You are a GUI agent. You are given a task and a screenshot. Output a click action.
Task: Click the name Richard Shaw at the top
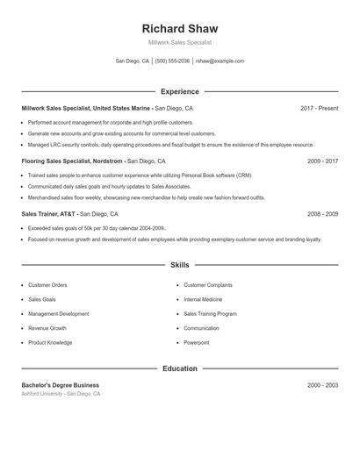179,28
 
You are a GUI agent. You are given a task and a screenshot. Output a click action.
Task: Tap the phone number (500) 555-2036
172,61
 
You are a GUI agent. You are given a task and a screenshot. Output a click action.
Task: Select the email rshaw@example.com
220,61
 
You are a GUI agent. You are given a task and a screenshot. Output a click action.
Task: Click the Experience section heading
179,91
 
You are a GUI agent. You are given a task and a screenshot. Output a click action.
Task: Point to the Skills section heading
179,264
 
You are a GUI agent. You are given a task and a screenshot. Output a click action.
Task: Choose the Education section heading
179,368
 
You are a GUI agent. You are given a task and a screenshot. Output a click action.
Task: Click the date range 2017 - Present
319,108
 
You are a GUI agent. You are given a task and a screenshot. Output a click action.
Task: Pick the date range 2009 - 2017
322,161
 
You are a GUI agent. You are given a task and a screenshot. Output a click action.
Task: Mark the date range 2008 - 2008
322,214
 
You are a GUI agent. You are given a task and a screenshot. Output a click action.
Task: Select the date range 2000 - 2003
322,385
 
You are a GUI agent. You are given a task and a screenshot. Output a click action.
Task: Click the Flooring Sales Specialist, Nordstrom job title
73,161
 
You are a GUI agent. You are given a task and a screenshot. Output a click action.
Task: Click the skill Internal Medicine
205,299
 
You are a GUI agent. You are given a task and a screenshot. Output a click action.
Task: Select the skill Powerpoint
197,342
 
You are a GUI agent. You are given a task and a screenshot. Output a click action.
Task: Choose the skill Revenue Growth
47,328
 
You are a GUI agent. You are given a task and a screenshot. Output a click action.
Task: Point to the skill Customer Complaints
208,285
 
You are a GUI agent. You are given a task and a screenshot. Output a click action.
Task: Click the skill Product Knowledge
50,342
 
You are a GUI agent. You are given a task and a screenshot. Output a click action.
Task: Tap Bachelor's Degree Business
61,385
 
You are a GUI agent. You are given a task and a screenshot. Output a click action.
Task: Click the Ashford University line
61,394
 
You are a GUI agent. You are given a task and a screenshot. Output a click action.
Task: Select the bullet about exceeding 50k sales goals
97,228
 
